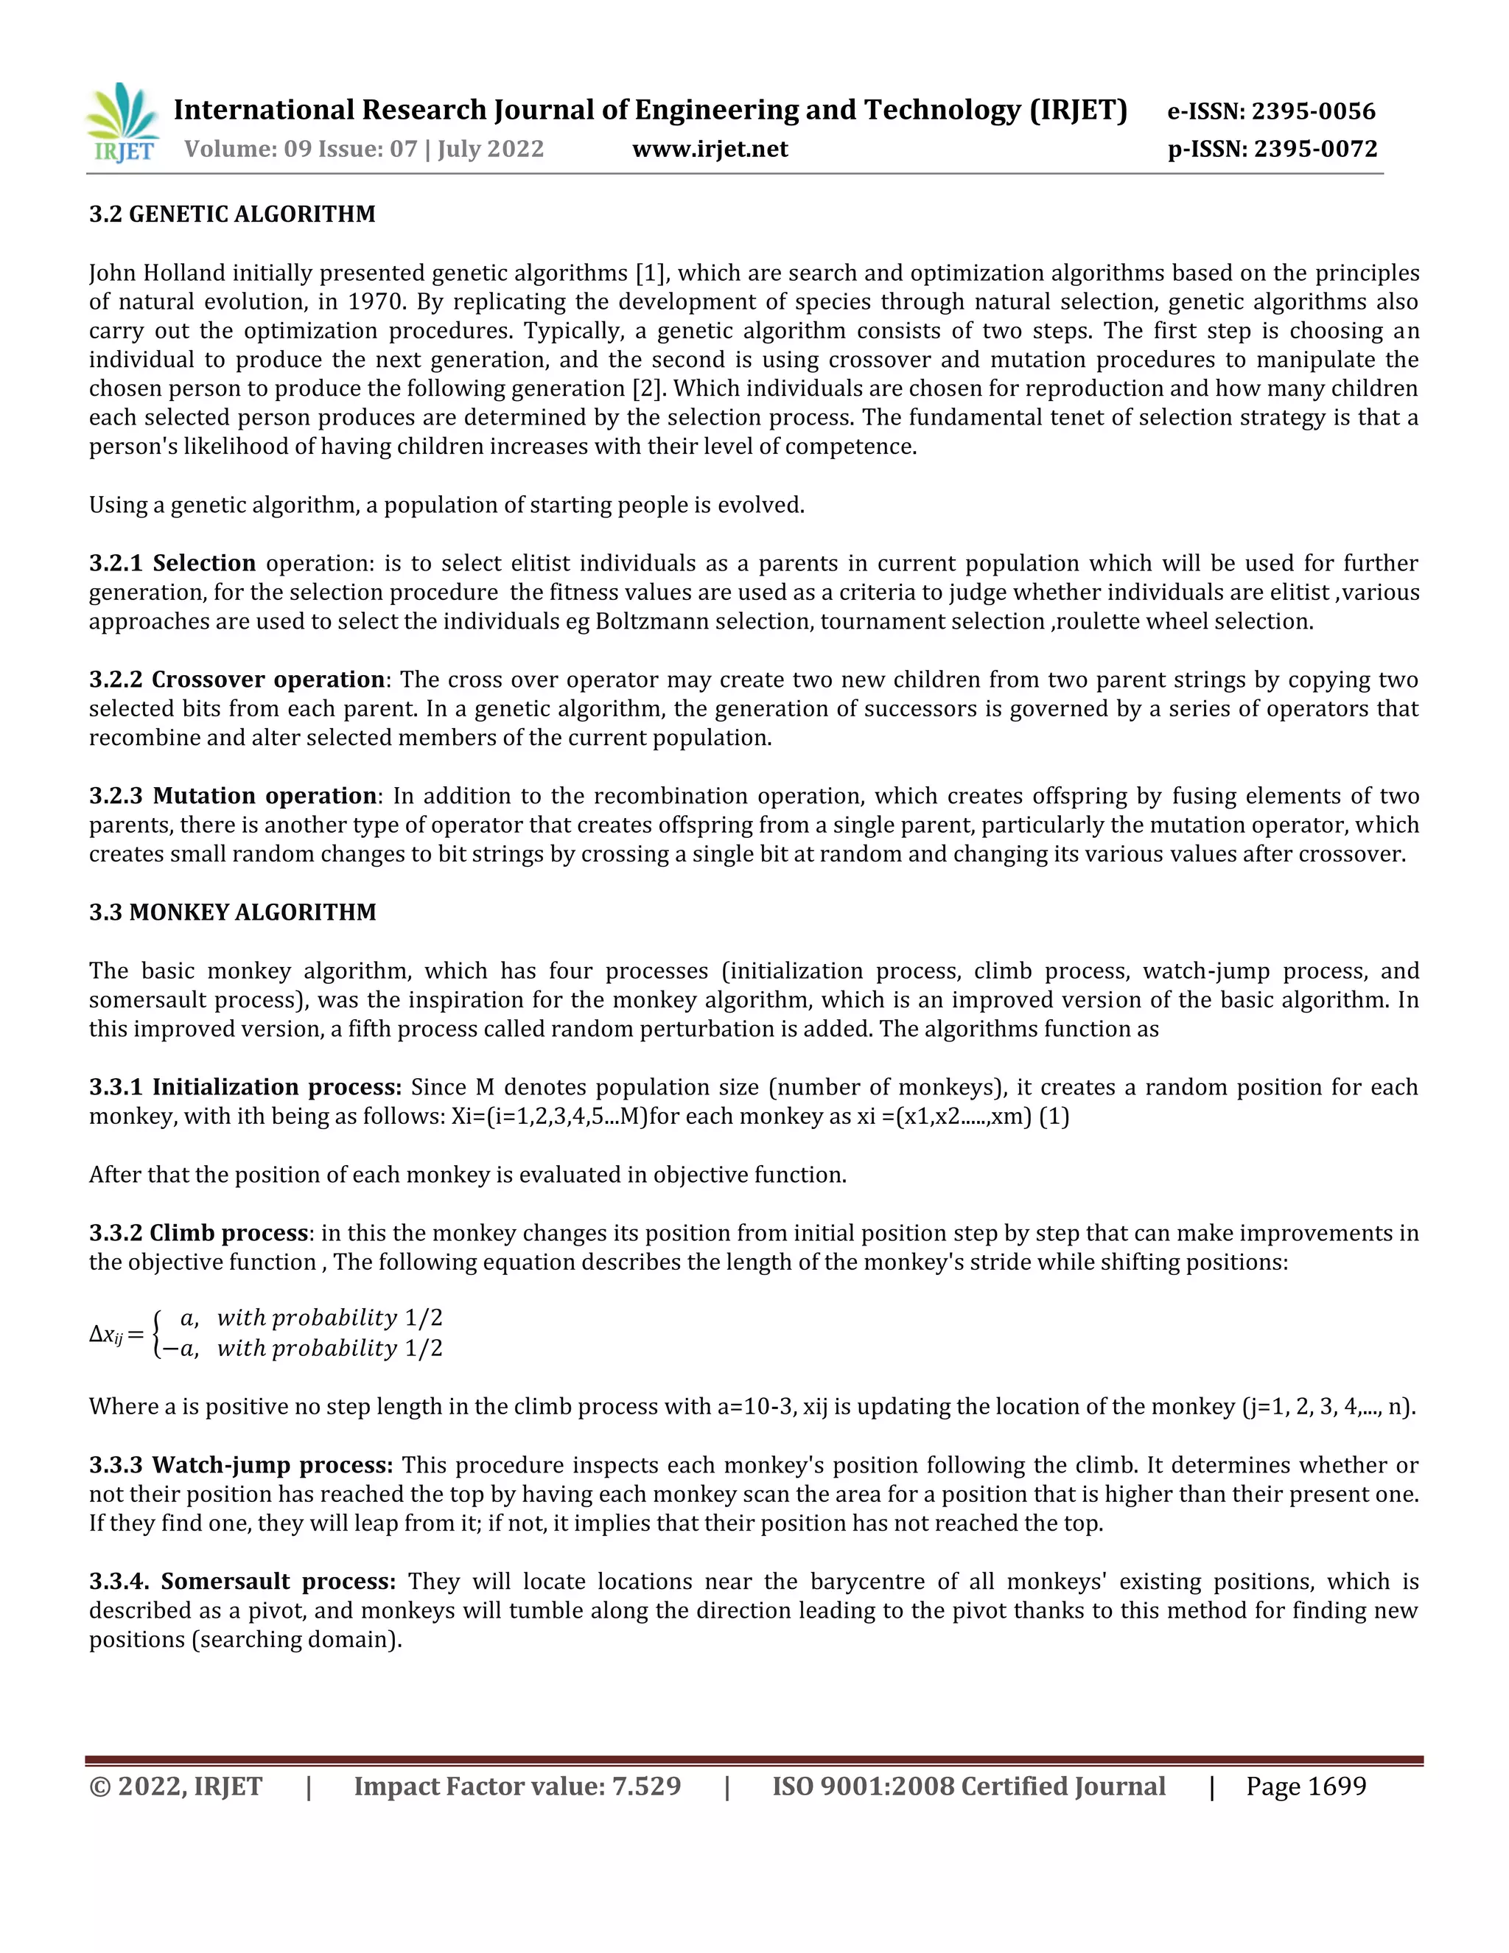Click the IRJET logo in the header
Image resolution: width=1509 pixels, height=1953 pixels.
[122, 123]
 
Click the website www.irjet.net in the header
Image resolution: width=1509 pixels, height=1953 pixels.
[710, 150]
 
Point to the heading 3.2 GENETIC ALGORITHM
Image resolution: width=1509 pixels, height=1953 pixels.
[232, 214]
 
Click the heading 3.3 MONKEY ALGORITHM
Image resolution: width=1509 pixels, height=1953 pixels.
[232, 912]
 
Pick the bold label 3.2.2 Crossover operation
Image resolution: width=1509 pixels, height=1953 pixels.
[237, 679]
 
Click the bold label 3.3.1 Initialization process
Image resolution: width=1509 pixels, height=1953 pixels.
[245, 1087]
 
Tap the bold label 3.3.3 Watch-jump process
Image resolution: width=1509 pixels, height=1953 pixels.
[240, 1466]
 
